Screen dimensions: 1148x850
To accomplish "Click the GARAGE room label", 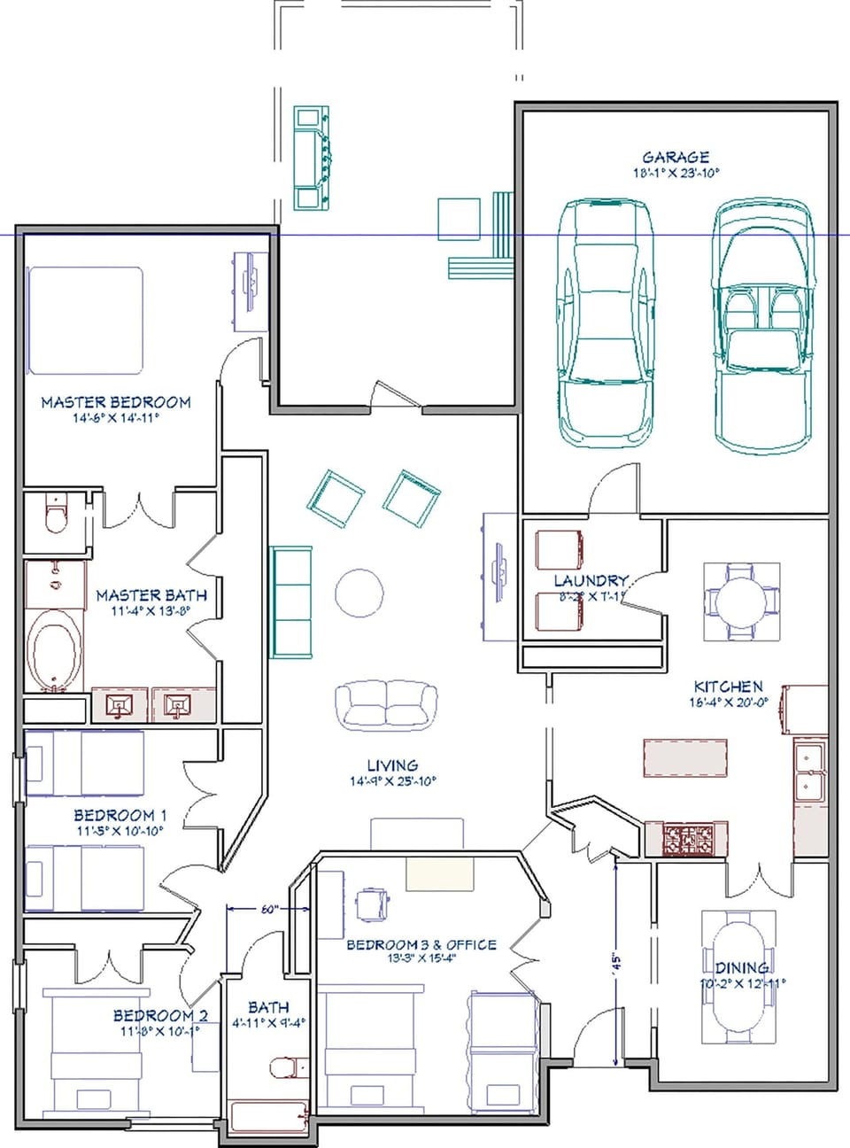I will click(676, 157).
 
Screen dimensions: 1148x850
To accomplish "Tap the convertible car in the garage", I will click(763, 325).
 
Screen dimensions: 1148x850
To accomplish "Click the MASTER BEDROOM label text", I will click(116, 402).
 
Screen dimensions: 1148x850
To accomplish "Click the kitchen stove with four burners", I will click(687, 839).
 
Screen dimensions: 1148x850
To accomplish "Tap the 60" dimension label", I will click(268, 909).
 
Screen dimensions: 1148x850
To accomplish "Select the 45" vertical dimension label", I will click(618, 962).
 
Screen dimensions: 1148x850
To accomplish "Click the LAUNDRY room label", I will click(591, 580).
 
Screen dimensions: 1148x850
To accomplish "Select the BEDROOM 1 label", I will click(120, 815).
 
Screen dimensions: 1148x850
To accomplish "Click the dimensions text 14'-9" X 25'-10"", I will click(393, 781).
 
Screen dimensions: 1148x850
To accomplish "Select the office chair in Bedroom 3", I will click(372, 904).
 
